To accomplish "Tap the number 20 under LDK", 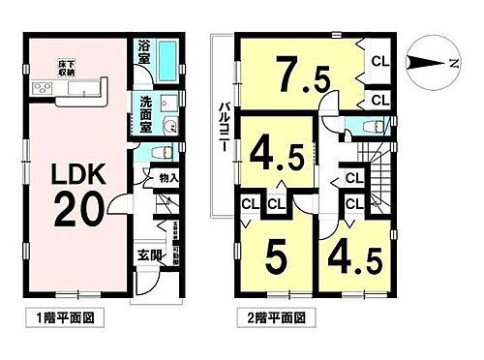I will (69, 209).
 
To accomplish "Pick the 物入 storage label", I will (165, 179).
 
